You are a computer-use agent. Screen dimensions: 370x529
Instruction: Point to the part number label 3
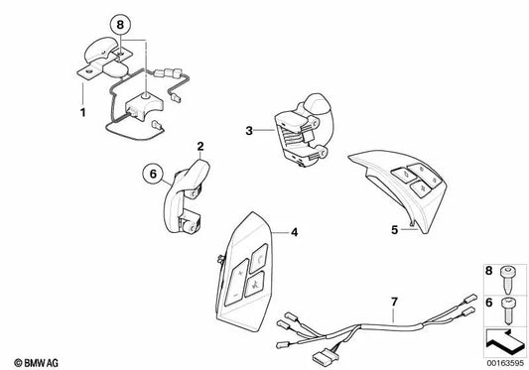(x=251, y=129)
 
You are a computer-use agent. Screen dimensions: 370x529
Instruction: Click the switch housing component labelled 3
(x=302, y=134)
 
